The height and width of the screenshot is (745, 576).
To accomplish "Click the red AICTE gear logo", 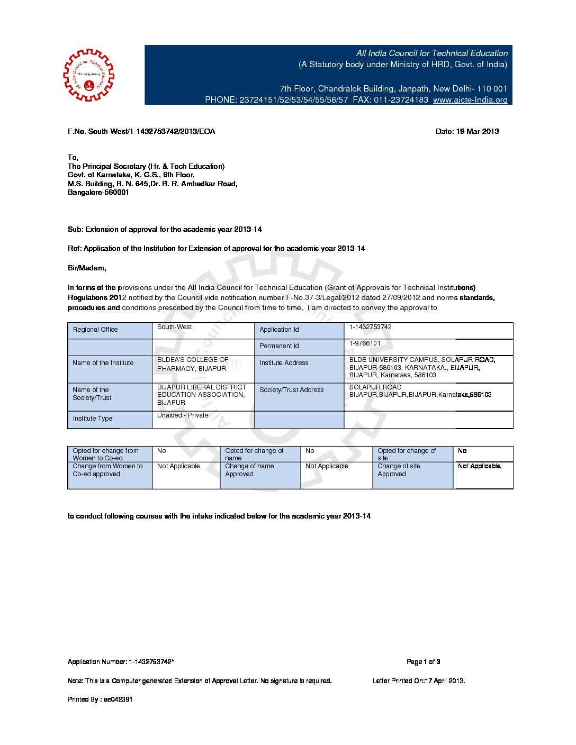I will [x=88, y=75].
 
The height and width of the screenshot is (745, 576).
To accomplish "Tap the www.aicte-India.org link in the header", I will [x=470, y=100].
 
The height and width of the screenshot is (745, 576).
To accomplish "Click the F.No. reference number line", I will [x=141, y=131].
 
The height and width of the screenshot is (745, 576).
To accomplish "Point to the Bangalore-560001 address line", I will [x=98, y=193].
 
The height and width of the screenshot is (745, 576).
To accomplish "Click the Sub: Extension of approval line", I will [x=165, y=230].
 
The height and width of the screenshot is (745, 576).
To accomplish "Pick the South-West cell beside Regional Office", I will [x=175, y=327].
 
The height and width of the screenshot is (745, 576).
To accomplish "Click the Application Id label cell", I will [x=279, y=330].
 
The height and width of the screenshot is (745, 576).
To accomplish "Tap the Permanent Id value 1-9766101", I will [x=365, y=343].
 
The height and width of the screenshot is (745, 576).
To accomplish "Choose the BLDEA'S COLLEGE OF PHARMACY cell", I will [x=193, y=364].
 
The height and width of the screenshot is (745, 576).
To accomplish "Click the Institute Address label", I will [x=284, y=363].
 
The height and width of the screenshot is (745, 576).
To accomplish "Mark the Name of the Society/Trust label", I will [x=92, y=394].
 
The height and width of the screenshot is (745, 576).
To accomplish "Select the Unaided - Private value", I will [x=183, y=415].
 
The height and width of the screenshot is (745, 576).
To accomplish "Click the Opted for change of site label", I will [x=407, y=454].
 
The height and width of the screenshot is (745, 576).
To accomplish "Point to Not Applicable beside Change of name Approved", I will [x=327, y=466].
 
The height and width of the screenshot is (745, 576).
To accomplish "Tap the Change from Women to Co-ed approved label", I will [x=107, y=470].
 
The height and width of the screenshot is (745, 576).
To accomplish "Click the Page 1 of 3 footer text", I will [x=423, y=662].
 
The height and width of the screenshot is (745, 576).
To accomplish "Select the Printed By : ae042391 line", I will [x=100, y=699].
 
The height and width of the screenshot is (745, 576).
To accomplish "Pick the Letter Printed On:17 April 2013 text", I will [x=419, y=681].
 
